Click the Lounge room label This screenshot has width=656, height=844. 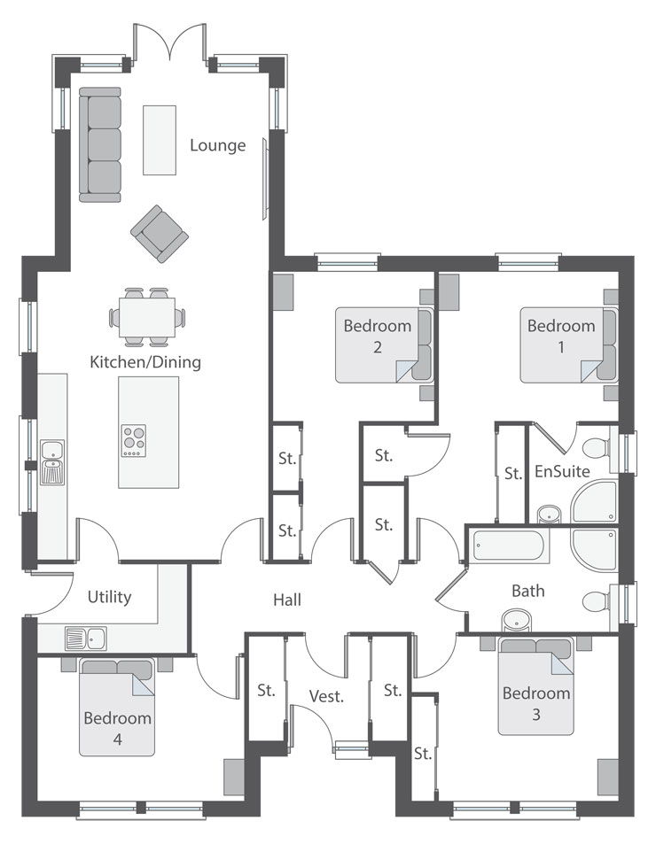pyautogui.click(x=217, y=145)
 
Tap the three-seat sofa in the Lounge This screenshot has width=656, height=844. pyautogui.click(x=100, y=144)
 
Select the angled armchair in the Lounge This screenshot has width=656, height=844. pyautogui.click(x=160, y=234)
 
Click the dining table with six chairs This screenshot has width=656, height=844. pyautogui.click(x=147, y=317)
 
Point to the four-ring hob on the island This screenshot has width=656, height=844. pyautogui.click(x=134, y=441)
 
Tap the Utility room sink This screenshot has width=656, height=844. pyautogui.click(x=86, y=639)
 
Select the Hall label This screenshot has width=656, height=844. pyautogui.click(x=287, y=600)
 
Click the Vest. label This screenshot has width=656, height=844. pyautogui.click(x=326, y=696)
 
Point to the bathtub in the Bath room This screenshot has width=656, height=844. pyautogui.click(x=509, y=546)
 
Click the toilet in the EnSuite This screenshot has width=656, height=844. pyautogui.click(x=597, y=447)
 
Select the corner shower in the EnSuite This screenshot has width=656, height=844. pyautogui.click(x=595, y=501)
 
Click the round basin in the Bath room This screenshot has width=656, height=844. pyautogui.click(x=517, y=621)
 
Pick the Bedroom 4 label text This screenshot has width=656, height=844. pyautogui.click(x=117, y=728)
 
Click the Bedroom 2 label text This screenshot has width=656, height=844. pyautogui.click(x=378, y=336)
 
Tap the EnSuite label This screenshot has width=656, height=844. pyautogui.click(x=562, y=471)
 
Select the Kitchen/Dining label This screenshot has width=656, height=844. pyautogui.click(x=145, y=361)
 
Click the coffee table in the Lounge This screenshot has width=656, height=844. pyautogui.click(x=160, y=140)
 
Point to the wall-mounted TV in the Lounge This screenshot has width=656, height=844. pyautogui.click(x=265, y=178)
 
